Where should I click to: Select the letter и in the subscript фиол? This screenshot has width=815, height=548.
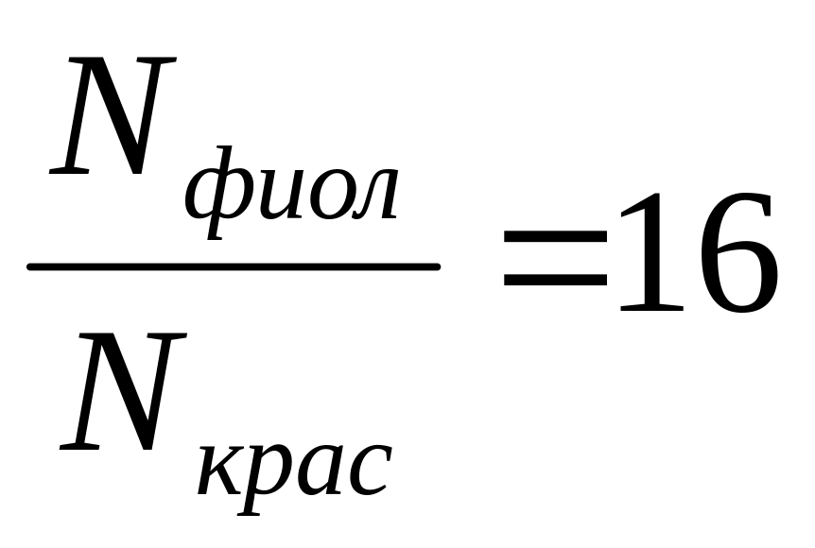click(272, 197)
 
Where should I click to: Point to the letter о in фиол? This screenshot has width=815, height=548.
click(321, 197)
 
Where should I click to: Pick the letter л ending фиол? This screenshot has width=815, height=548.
click(370, 197)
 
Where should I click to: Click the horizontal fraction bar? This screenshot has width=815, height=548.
click(234, 267)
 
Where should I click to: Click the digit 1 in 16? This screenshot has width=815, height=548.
click(650, 252)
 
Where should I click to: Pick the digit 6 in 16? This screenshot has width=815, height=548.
click(734, 252)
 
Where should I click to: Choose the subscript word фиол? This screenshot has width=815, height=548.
click(291, 195)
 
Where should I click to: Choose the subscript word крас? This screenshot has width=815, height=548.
click(294, 471)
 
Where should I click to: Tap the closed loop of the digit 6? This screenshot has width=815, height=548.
click(735, 275)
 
